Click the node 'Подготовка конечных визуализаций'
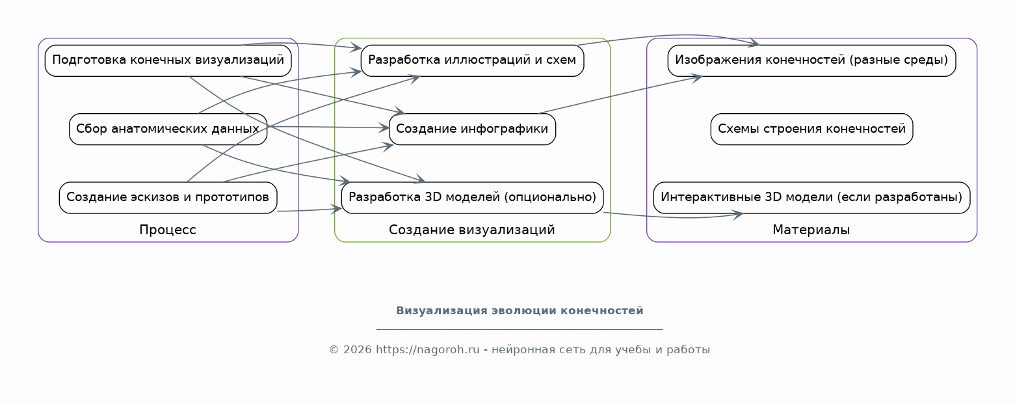pyautogui.click(x=168, y=61)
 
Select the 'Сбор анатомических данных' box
pyautogui.click(x=168, y=129)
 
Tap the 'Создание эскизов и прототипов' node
pyautogui.click(x=168, y=198)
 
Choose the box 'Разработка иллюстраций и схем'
pyautogui.click(x=472, y=61)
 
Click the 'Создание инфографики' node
pyautogui.click(x=472, y=129)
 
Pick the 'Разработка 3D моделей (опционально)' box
pyautogui.click(x=472, y=198)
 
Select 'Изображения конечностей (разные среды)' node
pyautogui.click(x=811, y=61)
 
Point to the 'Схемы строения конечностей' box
pyautogui.click(x=811, y=129)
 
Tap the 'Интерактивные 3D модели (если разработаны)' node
pyautogui.click(x=811, y=198)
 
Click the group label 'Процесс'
pyautogui.click(x=168, y=230)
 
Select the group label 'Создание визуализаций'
pyautogui.click(x=471, y=230)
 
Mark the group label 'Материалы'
pyautogui.click(x=811, y=230)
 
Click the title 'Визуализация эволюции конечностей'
pyautogui.click(x=520, y=310)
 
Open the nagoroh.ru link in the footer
pyautogui.click(x=427, y=349)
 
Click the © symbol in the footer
pyautogui.click(x=334, y=349)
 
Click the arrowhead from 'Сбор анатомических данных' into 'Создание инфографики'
pyautogui.click(x=384, y=128)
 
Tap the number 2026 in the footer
pyautogui.click(x=357, y=349)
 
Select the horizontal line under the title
pyautogui.click(x=520, y=329)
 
